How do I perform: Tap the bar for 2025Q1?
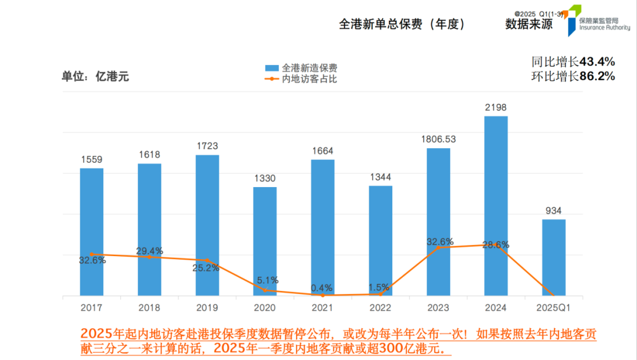tap(554, 257)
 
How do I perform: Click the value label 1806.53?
tap(438, 139)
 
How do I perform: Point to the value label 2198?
tap(495, 107)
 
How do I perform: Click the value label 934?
tap(554, 211)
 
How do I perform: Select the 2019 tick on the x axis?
tap(207, 307)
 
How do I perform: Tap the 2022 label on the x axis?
tap(380, 307)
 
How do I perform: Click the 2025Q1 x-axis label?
tap(554, 307)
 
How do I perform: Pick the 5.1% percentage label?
tap(268, 280)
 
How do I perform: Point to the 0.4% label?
tap(322, 287)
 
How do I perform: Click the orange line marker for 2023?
tap(438, 247)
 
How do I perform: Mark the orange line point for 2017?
tap(91, 254)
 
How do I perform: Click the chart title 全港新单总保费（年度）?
tap(402, 24)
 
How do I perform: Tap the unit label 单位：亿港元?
tap(95, 76)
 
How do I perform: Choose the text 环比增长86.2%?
tap(573, 76)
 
